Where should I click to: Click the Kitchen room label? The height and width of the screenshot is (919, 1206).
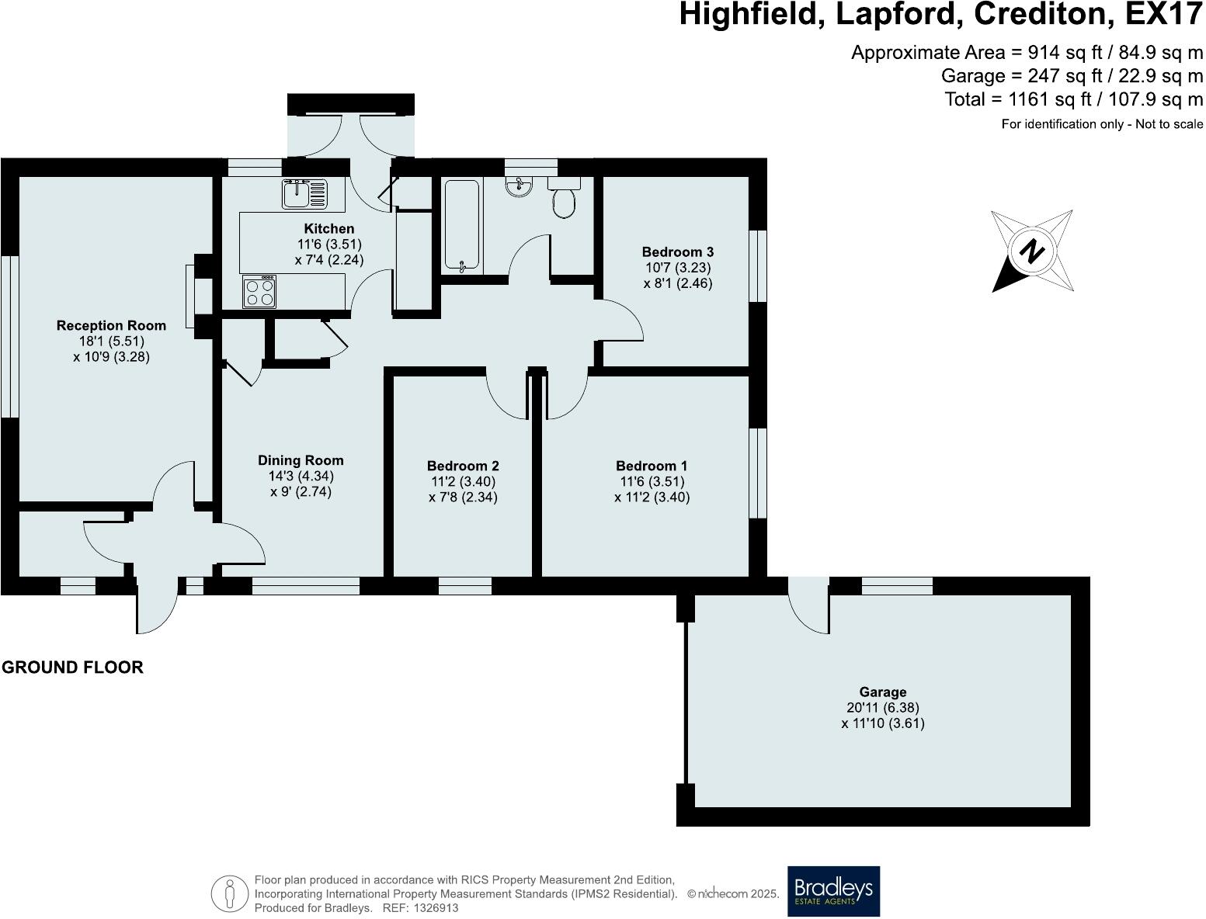click(329, 228)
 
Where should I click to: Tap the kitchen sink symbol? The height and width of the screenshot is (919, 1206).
click(304, 194)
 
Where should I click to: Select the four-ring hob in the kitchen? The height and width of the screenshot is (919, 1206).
click(259, 292)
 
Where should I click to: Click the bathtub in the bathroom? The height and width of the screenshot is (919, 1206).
click(462, 226)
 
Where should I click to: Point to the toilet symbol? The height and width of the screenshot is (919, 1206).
click(564, 198)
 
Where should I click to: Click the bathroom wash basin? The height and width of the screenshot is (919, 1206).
click(518, 186)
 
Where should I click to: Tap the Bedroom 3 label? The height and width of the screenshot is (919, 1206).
click(677, 252)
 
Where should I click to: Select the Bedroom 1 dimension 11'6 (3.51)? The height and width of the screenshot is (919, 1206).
click(652, 481)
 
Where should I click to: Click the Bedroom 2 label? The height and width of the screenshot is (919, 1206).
click(463, 466)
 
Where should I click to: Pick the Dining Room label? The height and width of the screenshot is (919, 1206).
click(301, 460)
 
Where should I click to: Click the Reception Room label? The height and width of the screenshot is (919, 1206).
click(111, 325)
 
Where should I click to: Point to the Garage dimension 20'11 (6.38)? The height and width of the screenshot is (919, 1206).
click(883, 708)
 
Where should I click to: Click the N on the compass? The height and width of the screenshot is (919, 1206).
click(1032, 251)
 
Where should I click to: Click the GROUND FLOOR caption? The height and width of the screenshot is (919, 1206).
click(72, 667)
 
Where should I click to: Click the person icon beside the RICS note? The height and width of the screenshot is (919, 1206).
click(230, 893)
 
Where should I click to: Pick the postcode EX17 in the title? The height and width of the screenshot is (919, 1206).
click(1164, 14)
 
